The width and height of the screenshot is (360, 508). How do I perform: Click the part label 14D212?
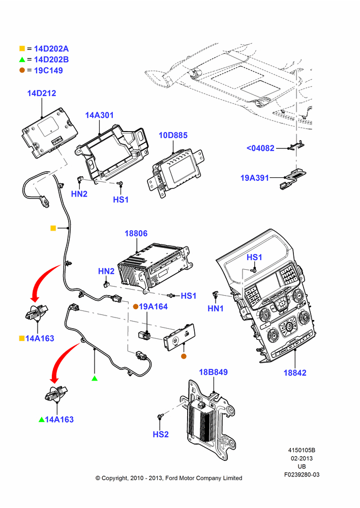(42, 93)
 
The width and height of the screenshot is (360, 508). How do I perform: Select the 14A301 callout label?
(99, 115)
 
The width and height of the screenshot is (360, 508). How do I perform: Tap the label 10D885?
(173, 136)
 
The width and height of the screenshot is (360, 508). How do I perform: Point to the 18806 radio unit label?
(136, 234)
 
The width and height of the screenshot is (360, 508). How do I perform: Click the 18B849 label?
(213, 372)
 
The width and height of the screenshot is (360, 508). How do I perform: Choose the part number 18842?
(295, 373)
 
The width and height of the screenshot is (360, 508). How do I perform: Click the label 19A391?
(255, 178)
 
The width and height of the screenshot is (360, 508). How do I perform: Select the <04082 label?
(260, 148)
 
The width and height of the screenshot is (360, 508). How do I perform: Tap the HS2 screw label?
(161, 434)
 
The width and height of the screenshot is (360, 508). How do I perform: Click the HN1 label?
(216, 309)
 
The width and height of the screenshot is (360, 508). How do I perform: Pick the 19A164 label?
(153, 307)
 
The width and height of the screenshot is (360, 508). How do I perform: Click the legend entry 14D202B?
(51, 59)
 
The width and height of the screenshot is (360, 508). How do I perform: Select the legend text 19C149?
(48, 71)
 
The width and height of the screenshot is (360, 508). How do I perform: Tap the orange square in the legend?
(22, 49)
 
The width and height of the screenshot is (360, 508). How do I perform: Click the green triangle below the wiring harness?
(95, 378)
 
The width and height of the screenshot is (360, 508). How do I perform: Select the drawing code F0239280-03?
(302, 474)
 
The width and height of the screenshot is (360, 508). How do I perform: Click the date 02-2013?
(302, 458)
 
